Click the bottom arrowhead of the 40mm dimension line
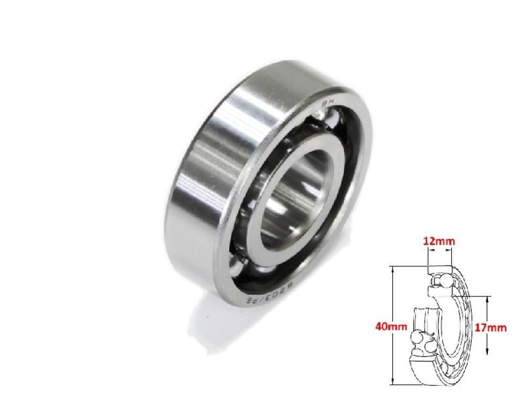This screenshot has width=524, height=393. coord(393,383)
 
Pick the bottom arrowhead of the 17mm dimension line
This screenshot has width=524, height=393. coord(488,354)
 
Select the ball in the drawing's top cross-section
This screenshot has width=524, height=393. coord(443,279)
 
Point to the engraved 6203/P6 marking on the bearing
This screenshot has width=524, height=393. coord(268,292)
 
